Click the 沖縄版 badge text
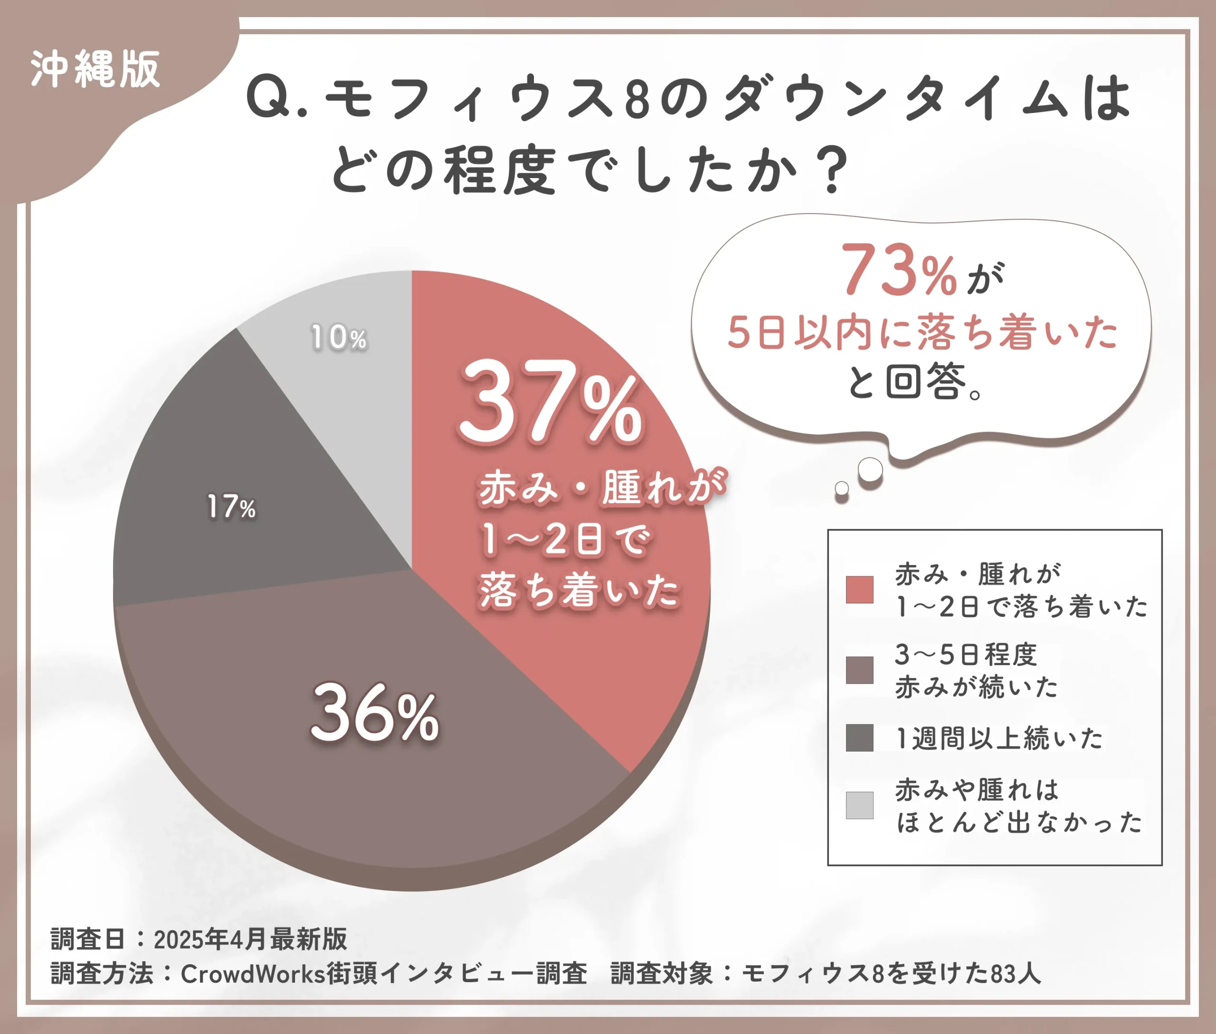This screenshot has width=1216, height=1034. tap(95, 70)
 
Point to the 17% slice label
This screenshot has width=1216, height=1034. tap(232, 507)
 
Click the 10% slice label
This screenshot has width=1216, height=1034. tap(339, 338)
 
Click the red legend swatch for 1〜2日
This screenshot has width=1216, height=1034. tap(859, 590)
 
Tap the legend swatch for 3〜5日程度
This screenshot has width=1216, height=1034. tap(859, 670)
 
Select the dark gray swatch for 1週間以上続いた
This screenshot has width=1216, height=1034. tap(859, 738)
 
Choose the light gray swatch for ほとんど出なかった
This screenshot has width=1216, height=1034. tap(859, 805)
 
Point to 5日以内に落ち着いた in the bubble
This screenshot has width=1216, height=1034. tap(922, 332)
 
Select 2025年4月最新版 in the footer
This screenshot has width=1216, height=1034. tap(250, 939)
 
